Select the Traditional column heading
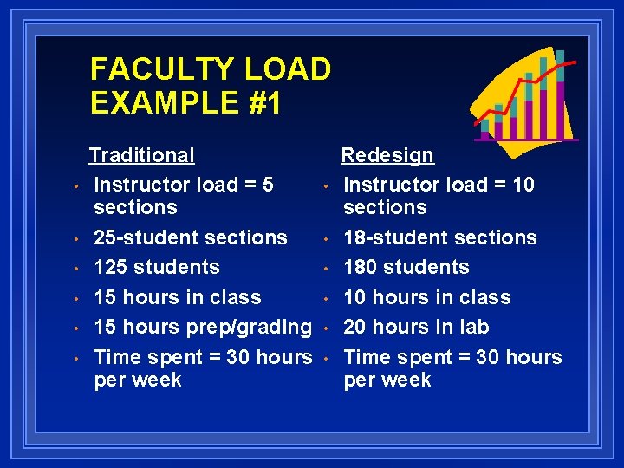(x=142, y=155)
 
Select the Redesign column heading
(x=387, y=155)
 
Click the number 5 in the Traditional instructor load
(x=267, y=185)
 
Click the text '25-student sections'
(x=191, y=237)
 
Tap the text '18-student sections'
(x=440, y=237)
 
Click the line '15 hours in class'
(x=178, y=297)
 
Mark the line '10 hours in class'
(x=427, y=297)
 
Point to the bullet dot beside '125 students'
(x=76, y=269)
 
